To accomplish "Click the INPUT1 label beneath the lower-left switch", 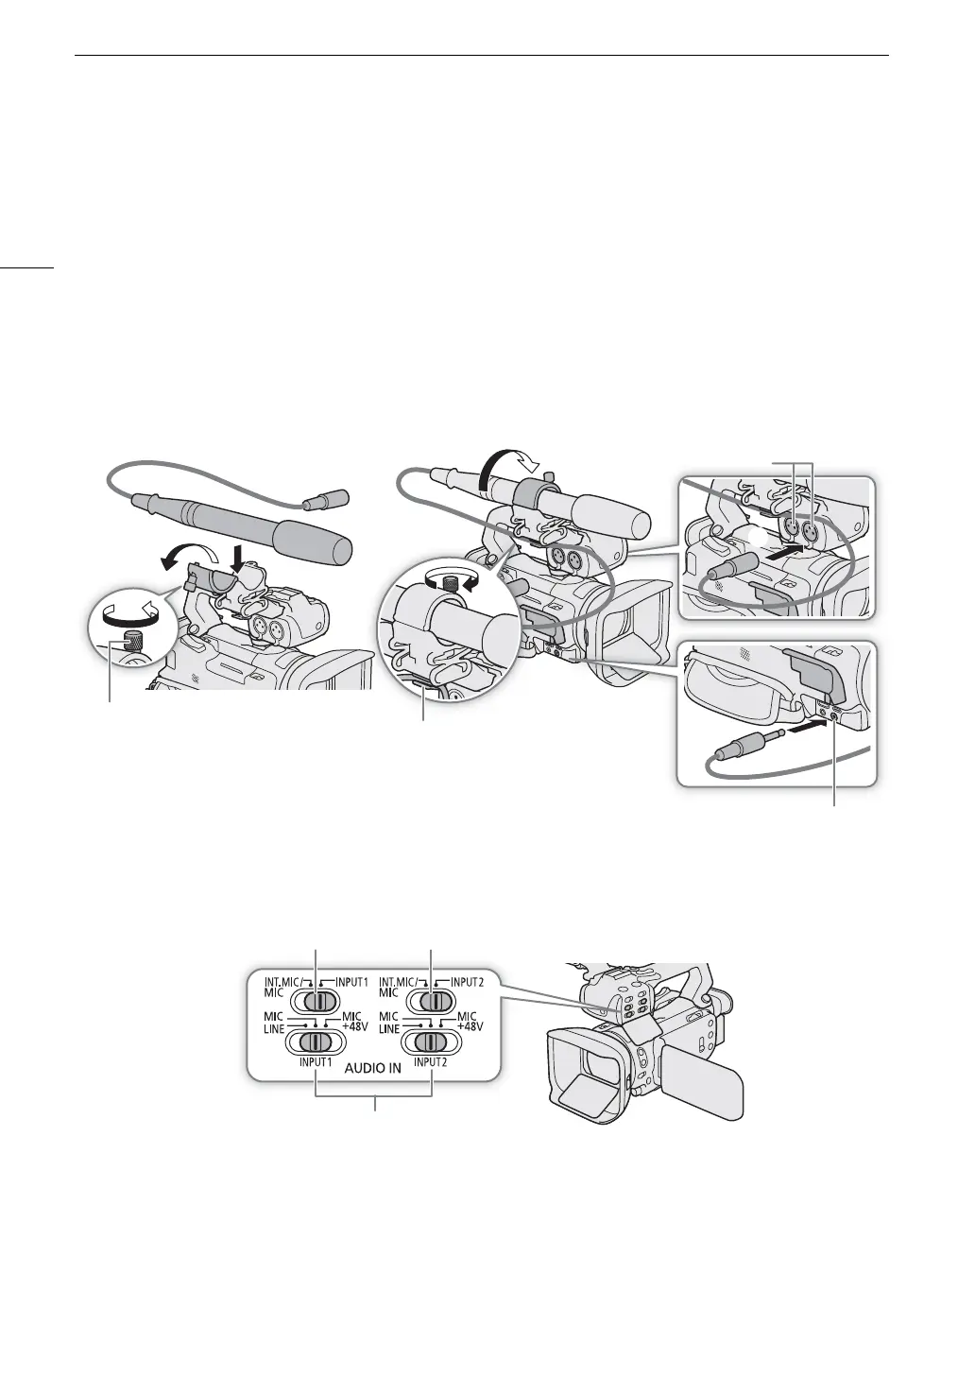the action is coord(315,1062).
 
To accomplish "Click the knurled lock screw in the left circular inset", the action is coord(119,647).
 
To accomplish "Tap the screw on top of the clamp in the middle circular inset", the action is coord(453,585).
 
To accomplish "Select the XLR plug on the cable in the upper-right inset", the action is coord(724,570).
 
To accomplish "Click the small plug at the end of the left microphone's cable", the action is coord(332,497).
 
